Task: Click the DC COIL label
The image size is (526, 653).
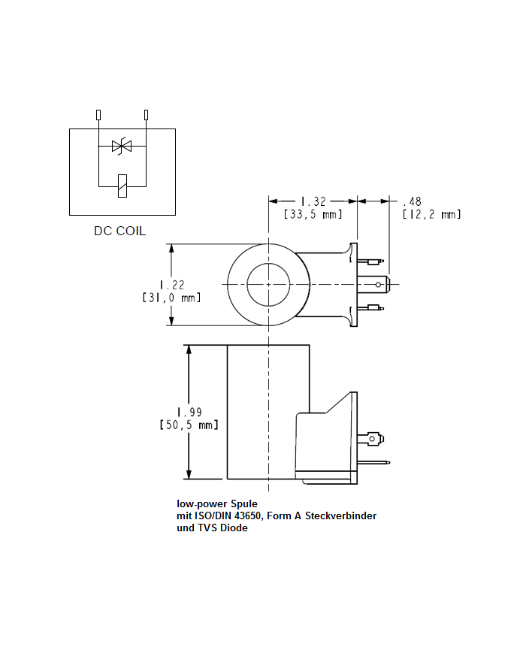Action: point(119,231)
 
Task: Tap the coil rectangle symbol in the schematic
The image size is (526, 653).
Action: point(122,184)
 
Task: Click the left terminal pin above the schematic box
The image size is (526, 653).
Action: point(98,115)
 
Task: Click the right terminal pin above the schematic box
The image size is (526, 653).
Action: point(146,115)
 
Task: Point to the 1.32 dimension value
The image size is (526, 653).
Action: point(313,201)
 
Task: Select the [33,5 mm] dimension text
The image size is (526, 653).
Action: point(313,215)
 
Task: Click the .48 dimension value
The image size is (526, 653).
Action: point(413,201)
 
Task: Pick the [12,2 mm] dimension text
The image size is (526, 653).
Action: point(431,215)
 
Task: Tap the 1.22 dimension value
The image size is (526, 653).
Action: point(172,284)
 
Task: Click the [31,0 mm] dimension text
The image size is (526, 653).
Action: point(172,298)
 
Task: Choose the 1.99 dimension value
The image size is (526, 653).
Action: point(189,412)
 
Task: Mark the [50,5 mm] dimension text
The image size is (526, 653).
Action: point(189,425)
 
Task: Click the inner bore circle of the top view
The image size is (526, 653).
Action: point(268,285)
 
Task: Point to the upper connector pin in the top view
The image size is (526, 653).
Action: point(373,262)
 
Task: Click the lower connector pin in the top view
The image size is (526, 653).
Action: point(373,307)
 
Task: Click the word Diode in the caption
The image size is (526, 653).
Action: point(233,528)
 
